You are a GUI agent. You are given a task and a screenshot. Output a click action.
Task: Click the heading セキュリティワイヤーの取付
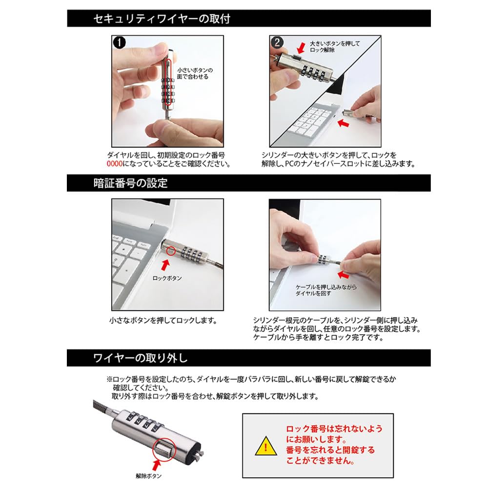click(162, 19)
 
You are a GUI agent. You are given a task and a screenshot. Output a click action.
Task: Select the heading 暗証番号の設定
click(130, 183)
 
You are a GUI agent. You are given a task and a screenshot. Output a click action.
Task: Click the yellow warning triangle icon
click(266, 447)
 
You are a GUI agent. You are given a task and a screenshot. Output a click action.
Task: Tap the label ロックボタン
click(167, 278)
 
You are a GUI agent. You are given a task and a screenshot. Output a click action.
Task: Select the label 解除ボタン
click(148, 475)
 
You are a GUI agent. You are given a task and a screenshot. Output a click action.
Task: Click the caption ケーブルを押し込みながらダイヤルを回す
click(319, 291)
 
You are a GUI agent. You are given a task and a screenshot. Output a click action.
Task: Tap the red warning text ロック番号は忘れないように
click(334, 428)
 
